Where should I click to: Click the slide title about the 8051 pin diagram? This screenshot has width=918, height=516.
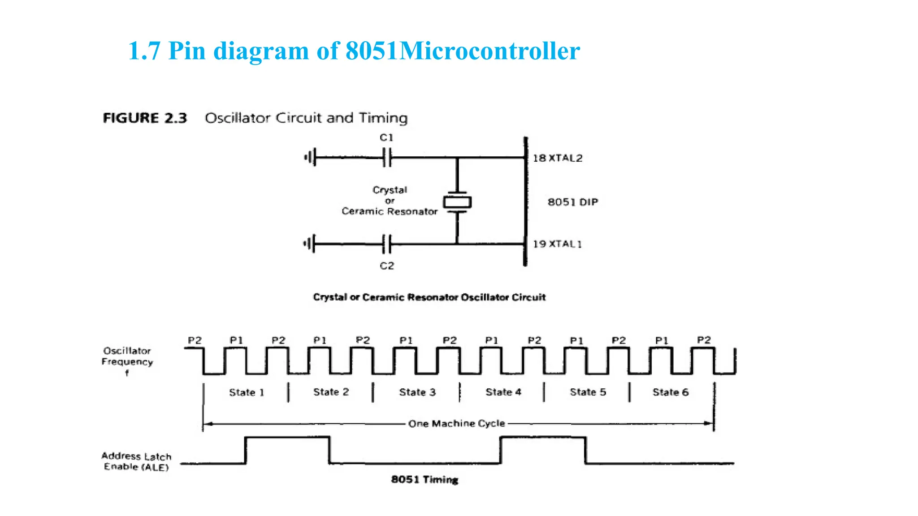click(354, 51)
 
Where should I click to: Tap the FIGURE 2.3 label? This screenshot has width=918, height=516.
click(145, 118)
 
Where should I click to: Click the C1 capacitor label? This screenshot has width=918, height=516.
click(386, 138)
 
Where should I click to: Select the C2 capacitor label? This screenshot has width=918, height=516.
click(387, 266)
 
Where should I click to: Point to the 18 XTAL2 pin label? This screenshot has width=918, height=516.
click(558, 158)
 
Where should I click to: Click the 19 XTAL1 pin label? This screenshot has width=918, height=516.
click(557, 244)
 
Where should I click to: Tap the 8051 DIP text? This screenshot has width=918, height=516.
click(573, 202)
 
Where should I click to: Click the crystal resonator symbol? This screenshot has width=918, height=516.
click(457, 202)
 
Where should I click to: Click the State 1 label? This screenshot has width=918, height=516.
click(247, 392)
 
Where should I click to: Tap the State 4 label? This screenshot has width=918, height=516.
click(503, 392)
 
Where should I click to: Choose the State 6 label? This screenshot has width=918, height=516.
click(671, 392)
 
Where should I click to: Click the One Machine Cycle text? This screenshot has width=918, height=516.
click(456, 423)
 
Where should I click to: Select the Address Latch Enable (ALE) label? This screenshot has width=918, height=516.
click(136, 461)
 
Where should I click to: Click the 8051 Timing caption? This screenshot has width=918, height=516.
click(424, 479)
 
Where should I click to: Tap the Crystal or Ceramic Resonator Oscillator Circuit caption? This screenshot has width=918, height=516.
click(429, 297)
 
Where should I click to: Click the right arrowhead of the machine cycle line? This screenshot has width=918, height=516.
click(709, 423)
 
